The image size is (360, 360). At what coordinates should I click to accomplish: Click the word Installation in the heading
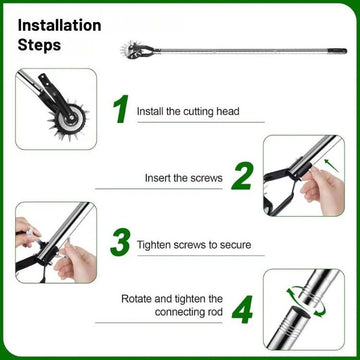click(x=59, y=25)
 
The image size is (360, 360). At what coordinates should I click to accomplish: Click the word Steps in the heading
click(x=39, y=45)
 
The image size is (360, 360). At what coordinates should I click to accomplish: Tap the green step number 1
click(x=121, y=109)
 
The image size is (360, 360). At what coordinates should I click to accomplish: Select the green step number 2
click(x=242, y=176)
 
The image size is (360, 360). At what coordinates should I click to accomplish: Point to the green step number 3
click(x=120, y=242)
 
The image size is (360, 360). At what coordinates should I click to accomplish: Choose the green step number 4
click(x=242, y=310)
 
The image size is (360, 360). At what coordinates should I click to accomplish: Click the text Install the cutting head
click(x=188, y=111)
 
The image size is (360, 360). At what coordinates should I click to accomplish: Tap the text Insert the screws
click(x=184, y=178)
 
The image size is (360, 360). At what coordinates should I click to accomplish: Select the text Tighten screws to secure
click(x=194, y=245)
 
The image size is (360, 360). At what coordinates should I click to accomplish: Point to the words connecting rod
click(x=189, y=312)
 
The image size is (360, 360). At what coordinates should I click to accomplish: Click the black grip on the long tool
click(x=337, y=51)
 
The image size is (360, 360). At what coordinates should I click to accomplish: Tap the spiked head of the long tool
click(x=131, y=51)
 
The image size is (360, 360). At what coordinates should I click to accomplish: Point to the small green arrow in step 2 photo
click(x=331, y=166)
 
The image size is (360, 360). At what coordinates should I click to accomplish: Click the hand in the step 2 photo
click(x=322, y=190)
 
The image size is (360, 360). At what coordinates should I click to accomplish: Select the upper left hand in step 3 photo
click(x=26, y=231)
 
